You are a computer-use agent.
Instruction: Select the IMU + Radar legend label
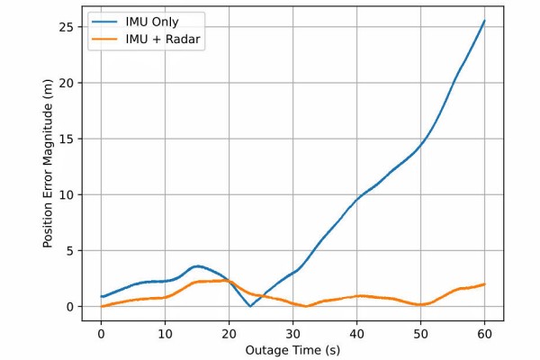click(164, 40)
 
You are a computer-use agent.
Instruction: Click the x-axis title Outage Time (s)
click(292, 349)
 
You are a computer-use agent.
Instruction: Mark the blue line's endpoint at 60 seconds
click(484, 21)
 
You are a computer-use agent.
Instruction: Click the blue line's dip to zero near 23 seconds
click(250, 306)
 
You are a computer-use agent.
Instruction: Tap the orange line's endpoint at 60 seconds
click(484, 284)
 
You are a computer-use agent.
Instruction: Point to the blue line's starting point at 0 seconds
click(102, 297)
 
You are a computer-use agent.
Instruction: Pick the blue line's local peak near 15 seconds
click(197, 266)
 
